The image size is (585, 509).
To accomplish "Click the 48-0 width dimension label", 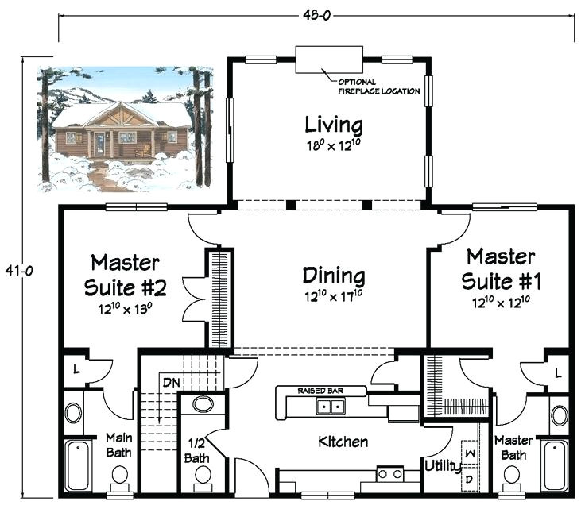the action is pyautogui.click(x=317, y=15).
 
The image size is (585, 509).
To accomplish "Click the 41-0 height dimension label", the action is pyautogui.click(x=19, y=271).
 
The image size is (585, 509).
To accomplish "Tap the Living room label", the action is pyautogui.click(x=334, y=125).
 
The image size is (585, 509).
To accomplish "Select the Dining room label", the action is pyautogui.click(x=334, y=276).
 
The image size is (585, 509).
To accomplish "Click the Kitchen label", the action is pyautogui.click(x=343, y=442).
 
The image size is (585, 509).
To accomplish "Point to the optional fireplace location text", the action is pyautogui.click(x=378, y=87).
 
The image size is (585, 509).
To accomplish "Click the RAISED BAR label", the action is pyautogui.click(x=320, y=391).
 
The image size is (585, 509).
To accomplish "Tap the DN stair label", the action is pyautogui.click(x=171, y=382).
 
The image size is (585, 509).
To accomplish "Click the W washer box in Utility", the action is pyautogui.click(x=470, y=453).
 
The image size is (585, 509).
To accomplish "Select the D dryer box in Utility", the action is pyautogui.click(x=470, y=479).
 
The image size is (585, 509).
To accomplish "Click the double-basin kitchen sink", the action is pyautogui.click(x=331, y=406).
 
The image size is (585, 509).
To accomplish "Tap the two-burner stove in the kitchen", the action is pyautogui.click(x=390, y=474).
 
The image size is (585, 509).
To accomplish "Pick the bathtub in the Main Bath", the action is pyautogui.click(x=78, y=466).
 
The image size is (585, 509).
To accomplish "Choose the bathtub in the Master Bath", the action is pyautogui.click(x=556, y=466).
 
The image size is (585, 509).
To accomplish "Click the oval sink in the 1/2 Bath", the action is pyautogui.click(x=203, y=404).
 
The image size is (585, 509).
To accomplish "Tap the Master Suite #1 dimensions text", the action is pyautogui.click(x=501, y=303).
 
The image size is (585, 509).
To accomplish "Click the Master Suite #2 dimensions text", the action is pyautogui.click(x=125, y=309).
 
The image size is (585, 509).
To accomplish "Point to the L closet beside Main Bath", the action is pyautogui.click(x=76, y=369).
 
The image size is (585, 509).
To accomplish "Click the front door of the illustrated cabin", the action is pyautogui.click(x=99, y=145).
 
